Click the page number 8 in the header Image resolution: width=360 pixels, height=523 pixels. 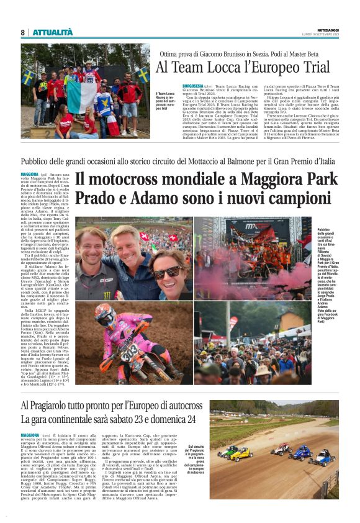(x=22, y=32)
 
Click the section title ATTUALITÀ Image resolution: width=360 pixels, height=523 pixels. (x=48, y=32)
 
